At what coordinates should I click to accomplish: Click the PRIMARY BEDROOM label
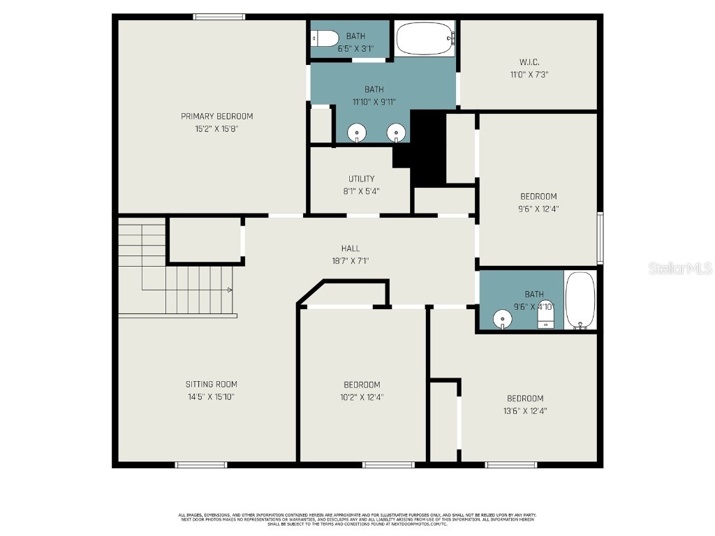216,116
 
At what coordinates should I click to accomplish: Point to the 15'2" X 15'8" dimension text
216,128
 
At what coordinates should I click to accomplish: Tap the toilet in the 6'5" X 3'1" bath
325,38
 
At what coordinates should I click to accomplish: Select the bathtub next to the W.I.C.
425,38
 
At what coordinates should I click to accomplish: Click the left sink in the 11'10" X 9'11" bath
357,131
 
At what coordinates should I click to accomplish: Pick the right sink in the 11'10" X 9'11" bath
396,131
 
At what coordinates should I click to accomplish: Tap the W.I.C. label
529,62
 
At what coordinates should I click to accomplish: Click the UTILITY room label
361,179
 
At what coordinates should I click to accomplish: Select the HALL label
351,248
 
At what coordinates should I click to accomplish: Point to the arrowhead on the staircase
230,290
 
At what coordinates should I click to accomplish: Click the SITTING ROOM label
211,384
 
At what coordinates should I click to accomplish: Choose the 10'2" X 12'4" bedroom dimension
361,397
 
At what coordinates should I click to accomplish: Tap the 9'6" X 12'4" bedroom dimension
538,208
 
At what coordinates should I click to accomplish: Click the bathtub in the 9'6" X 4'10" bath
580,299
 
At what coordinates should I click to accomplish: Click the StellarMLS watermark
680,268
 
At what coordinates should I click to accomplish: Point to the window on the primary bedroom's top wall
219,17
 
